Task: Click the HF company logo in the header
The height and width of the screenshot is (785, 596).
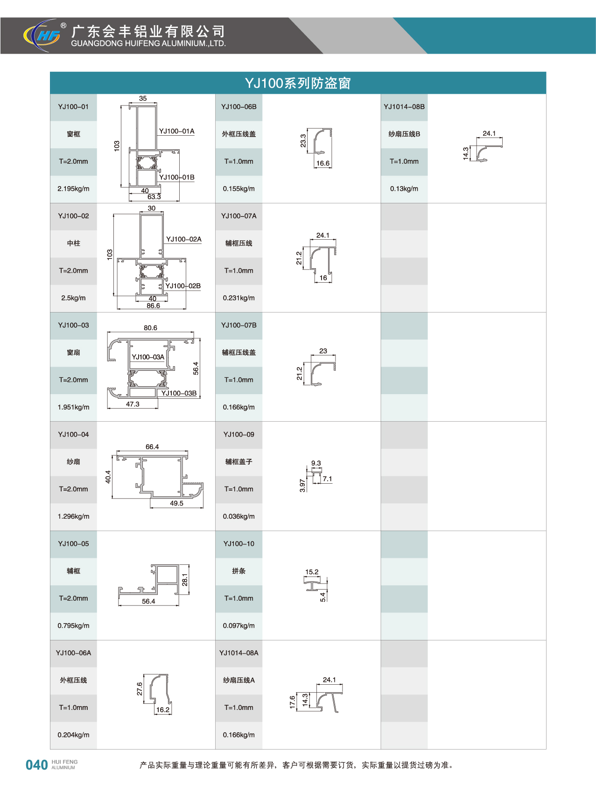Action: (42, 35)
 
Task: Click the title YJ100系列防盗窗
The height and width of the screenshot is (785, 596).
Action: (298, 83)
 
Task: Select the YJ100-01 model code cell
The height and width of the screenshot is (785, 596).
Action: (73, 107)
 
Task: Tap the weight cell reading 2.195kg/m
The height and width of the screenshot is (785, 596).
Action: (73, 189)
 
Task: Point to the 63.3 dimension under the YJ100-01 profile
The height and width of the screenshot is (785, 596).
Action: (154, 197)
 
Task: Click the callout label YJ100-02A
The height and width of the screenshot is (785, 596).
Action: (184, 239)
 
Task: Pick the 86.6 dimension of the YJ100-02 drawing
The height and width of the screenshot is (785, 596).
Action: (153, 306)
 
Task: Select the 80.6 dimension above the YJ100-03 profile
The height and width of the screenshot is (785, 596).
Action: (150, 328)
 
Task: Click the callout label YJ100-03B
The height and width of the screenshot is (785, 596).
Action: (179, 393)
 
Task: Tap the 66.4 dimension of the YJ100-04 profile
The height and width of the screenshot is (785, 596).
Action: (152, 447)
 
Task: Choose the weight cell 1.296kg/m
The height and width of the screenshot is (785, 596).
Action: (73, 516)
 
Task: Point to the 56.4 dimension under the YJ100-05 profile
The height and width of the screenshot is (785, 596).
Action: (148, 602)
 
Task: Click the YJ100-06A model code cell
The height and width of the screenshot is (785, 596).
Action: (73, 653)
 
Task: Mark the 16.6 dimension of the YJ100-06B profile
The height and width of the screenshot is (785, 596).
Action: (323, 163)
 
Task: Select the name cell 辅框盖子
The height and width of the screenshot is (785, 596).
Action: (238, 462)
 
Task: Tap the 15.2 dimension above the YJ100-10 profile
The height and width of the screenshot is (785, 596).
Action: (312, 572)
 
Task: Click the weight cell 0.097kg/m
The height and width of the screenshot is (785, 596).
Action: (238, 625)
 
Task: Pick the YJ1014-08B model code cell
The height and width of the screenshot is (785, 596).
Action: (404, 107)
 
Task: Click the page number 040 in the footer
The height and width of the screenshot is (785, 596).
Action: (37, 765)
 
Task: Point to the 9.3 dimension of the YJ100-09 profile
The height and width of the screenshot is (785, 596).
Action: (316, 463)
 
